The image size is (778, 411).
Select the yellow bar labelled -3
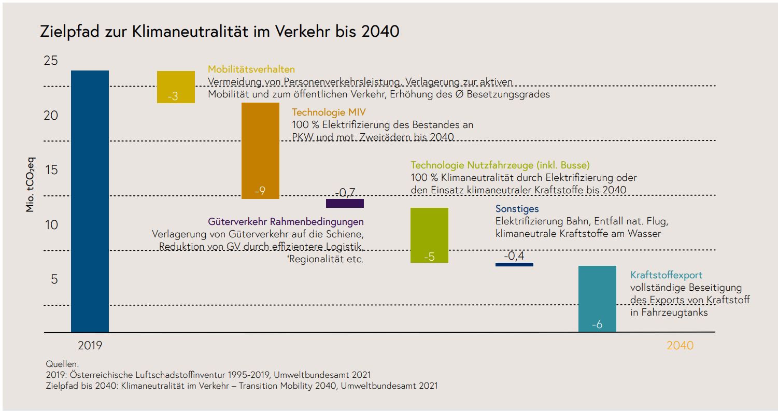pos(176,87)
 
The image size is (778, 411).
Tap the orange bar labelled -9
pos(260,150)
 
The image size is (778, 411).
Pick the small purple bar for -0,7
pos(345,203)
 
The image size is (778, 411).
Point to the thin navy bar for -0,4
pos(514,264)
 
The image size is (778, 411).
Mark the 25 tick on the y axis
pos(51,61)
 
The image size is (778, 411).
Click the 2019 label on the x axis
pos(90,345)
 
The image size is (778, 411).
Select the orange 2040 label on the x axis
pos(680,345)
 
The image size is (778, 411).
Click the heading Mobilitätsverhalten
pos(251,69)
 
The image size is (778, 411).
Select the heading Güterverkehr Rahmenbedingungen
pos(286,222)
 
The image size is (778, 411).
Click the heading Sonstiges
pos(517,209)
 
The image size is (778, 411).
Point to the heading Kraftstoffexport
pos(666,275)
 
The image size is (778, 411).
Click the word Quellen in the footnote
pos(62,364)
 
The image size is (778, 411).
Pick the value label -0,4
pos(514,256)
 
